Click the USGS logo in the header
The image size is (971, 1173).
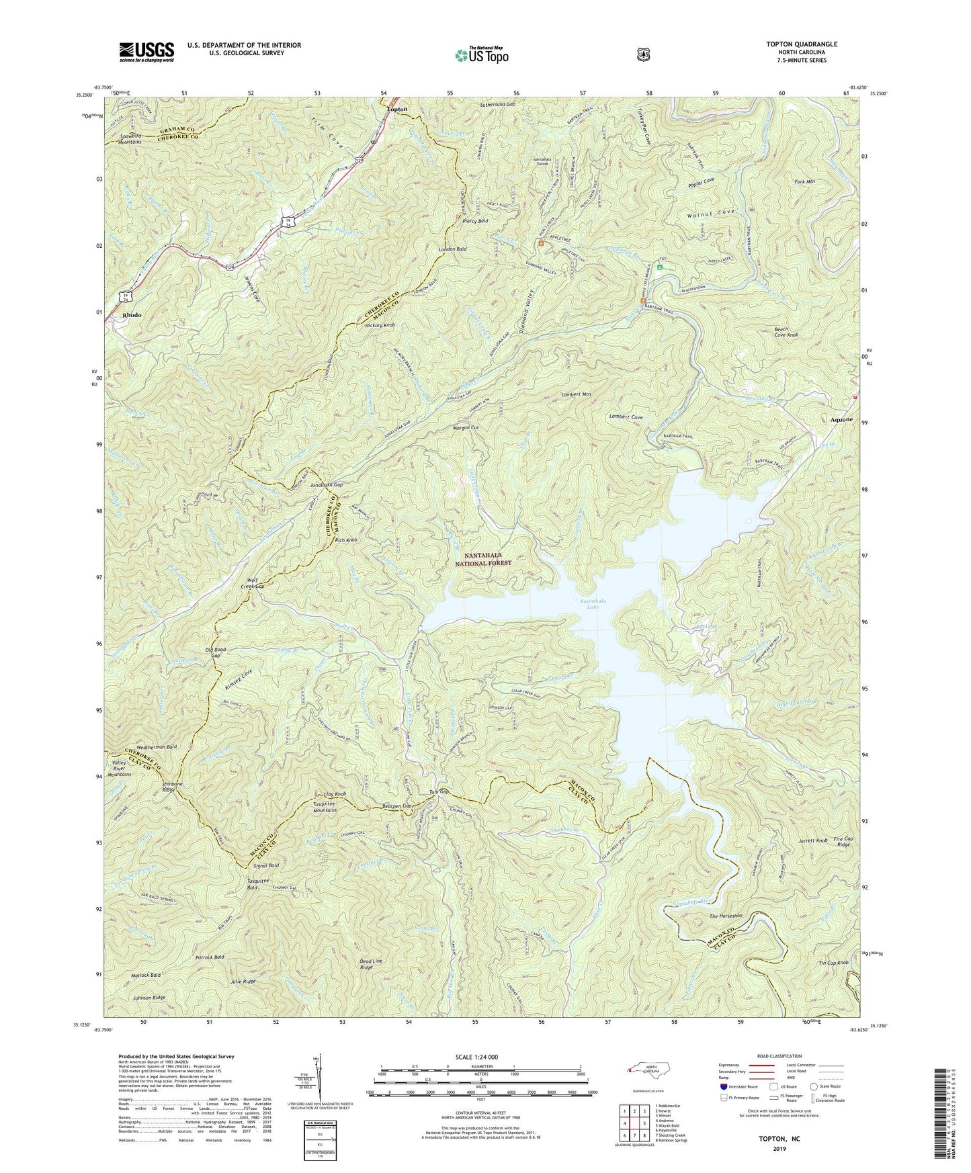[x=146, y=52]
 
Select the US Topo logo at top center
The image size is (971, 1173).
[x=480, y=55]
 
